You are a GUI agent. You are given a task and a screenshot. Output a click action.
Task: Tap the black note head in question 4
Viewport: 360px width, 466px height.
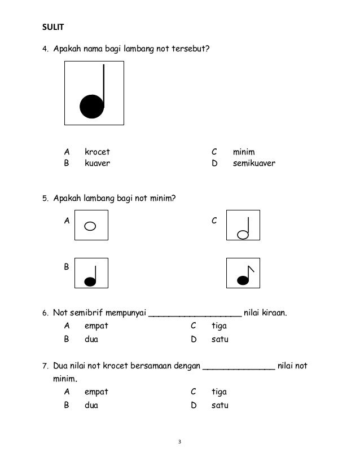tap(92, 106)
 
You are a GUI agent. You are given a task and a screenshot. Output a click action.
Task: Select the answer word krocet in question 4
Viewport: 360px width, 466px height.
tap(97, 152)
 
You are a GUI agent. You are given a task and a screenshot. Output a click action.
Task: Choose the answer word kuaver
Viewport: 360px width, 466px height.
tap(97, 164)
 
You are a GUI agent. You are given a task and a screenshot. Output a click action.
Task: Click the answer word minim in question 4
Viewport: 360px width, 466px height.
tap(244, 152)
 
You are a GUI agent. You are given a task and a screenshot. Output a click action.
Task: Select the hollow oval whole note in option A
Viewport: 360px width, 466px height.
tap(90, 226)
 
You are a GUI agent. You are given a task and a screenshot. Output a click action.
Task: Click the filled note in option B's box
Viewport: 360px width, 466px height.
tap(90, 280)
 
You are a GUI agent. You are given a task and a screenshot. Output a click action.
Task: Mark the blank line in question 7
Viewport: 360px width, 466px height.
tap(239, 367)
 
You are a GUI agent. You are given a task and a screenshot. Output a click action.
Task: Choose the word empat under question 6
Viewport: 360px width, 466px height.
tap(96, 326)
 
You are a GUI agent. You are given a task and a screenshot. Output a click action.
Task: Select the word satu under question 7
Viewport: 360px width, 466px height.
tap(219, 405)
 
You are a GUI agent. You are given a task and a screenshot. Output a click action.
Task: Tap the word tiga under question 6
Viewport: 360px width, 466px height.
tap(218, 326)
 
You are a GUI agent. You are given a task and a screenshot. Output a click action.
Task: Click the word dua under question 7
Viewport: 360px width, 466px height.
tap(91, 405)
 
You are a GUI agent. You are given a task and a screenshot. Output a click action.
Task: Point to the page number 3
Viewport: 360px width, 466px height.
tap(179, 442)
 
